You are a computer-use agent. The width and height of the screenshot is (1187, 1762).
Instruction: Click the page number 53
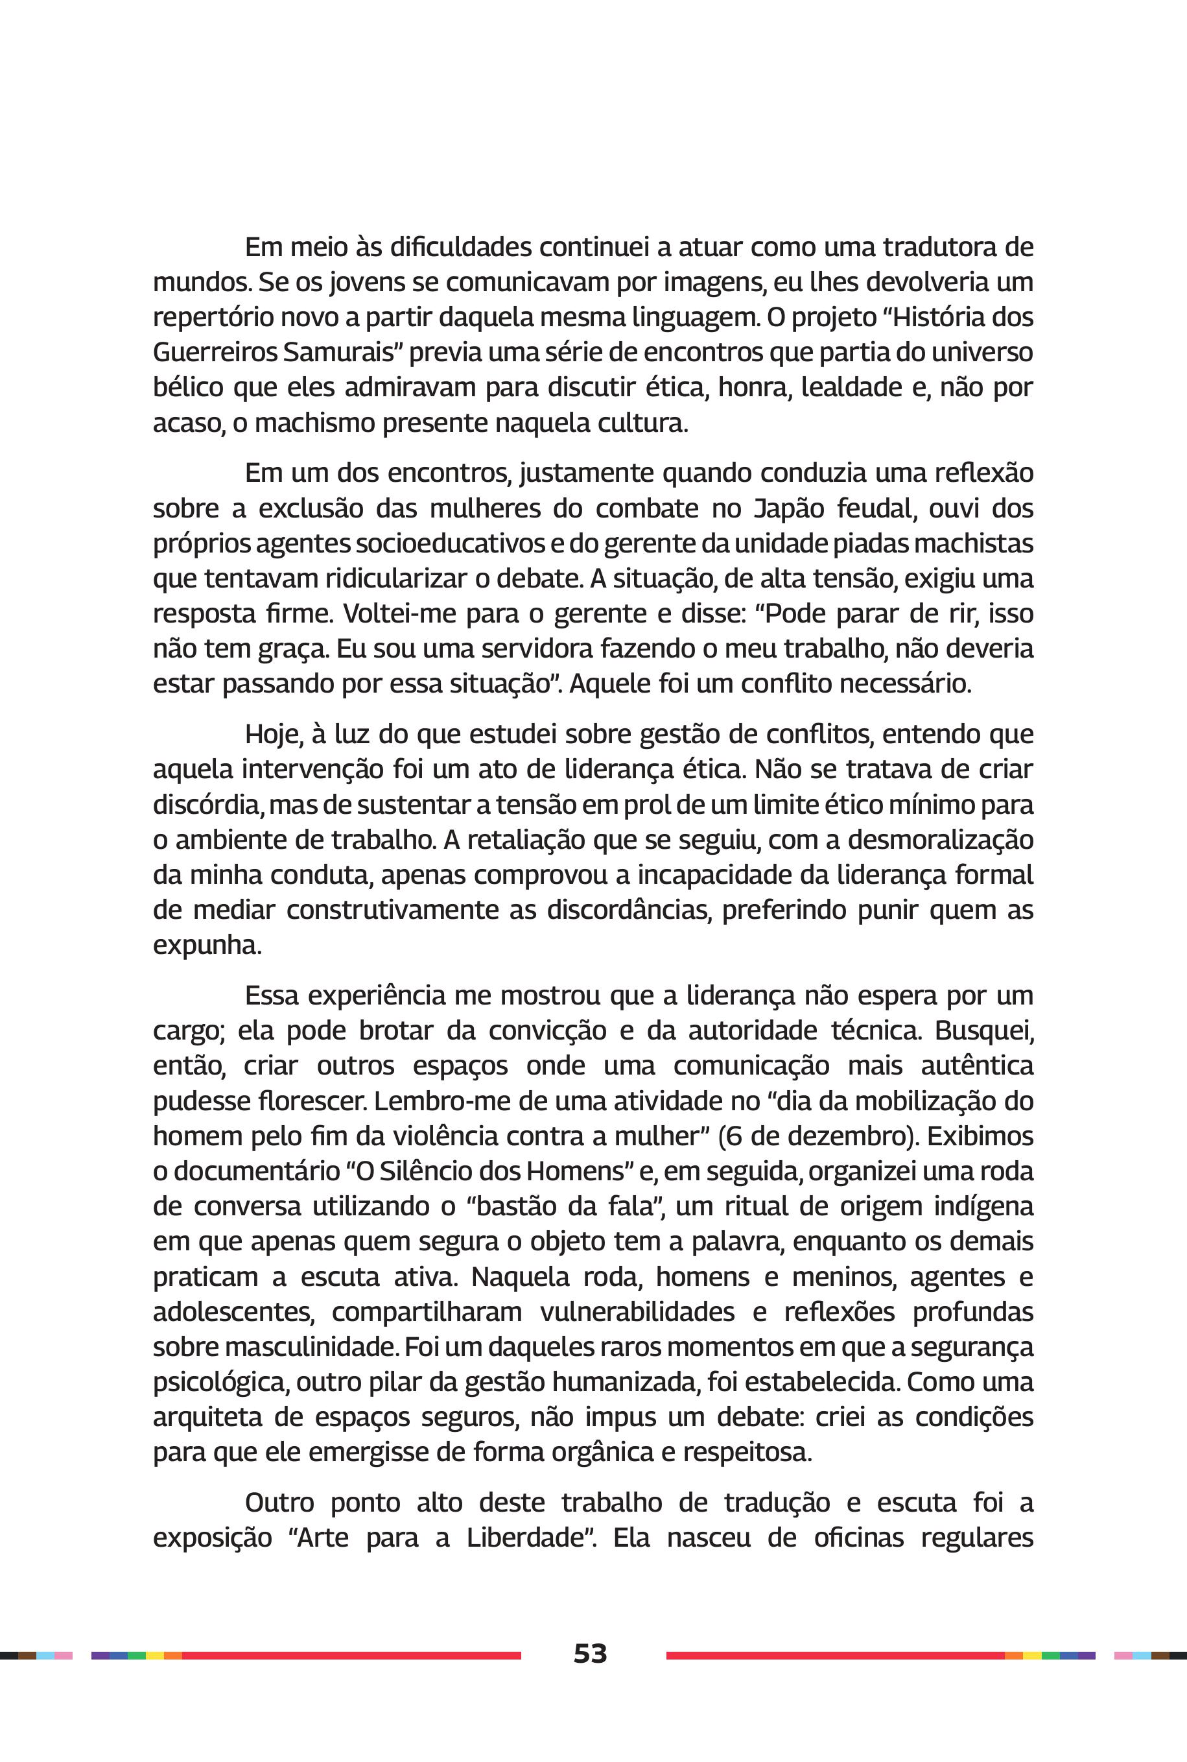[x=590, y=1653]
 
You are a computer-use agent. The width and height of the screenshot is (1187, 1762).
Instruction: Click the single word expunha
[x=207, y=946]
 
